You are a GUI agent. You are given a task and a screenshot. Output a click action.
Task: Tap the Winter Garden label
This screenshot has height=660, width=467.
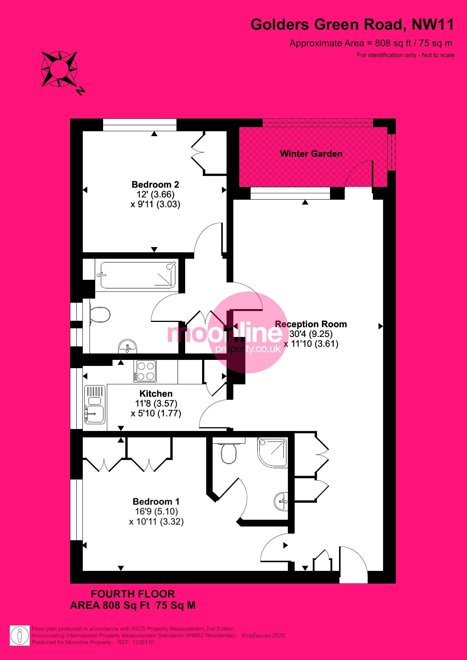(x=311, y=154)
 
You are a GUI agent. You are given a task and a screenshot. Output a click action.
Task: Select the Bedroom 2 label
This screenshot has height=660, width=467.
(x=155, y=185)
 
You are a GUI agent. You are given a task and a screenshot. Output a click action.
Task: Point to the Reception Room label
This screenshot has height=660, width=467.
(x=311, y=324)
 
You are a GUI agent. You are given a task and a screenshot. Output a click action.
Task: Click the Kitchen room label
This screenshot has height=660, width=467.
(x=156, y=394)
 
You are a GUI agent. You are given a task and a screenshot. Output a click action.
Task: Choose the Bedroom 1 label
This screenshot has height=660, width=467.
(x=156, y=502)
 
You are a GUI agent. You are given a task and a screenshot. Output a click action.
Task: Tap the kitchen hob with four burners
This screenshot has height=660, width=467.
(x=145, y=371)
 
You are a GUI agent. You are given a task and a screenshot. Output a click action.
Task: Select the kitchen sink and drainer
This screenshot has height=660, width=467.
(x=94, y=405)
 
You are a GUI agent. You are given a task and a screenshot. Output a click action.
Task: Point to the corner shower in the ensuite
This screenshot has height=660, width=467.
(x=272, y=452)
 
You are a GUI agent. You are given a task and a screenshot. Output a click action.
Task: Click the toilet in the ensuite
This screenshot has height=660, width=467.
(x=228, y=451)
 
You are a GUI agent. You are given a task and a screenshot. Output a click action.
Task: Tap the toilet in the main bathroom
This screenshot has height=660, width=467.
(x=99, y=315)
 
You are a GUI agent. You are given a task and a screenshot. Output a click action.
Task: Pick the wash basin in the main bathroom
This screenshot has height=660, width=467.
(x=128, y=346)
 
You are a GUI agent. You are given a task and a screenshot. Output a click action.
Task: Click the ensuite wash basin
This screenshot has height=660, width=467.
(x=281, y=502)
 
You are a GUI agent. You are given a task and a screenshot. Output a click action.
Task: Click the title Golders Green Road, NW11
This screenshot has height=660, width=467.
(x=353, y=25)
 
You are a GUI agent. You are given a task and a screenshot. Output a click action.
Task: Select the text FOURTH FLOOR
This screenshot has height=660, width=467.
(x=133, y=594)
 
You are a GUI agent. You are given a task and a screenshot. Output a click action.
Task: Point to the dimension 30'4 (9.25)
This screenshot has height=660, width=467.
(x=311, y=334)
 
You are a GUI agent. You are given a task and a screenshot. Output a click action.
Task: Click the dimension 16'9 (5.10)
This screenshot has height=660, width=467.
(x=157, y=511)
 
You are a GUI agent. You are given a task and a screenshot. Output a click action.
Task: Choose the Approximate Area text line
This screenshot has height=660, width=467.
(x=371, y=43)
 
